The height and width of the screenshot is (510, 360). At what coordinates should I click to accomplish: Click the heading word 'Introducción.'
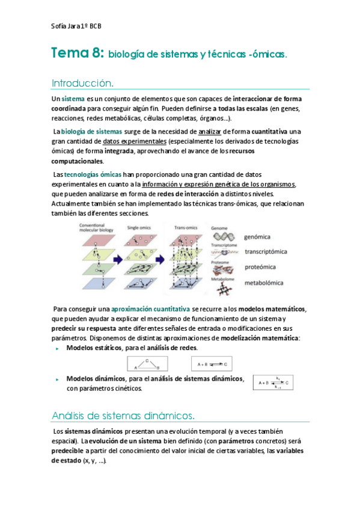(83, 82)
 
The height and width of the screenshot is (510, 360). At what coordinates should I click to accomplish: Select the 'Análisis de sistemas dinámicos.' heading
(123, 416)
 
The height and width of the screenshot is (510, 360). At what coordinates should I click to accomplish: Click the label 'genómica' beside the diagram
(257, 237)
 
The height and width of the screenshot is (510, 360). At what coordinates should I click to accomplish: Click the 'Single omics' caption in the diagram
(140, 227)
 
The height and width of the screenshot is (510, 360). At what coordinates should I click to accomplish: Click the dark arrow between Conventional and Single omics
(119, 259)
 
